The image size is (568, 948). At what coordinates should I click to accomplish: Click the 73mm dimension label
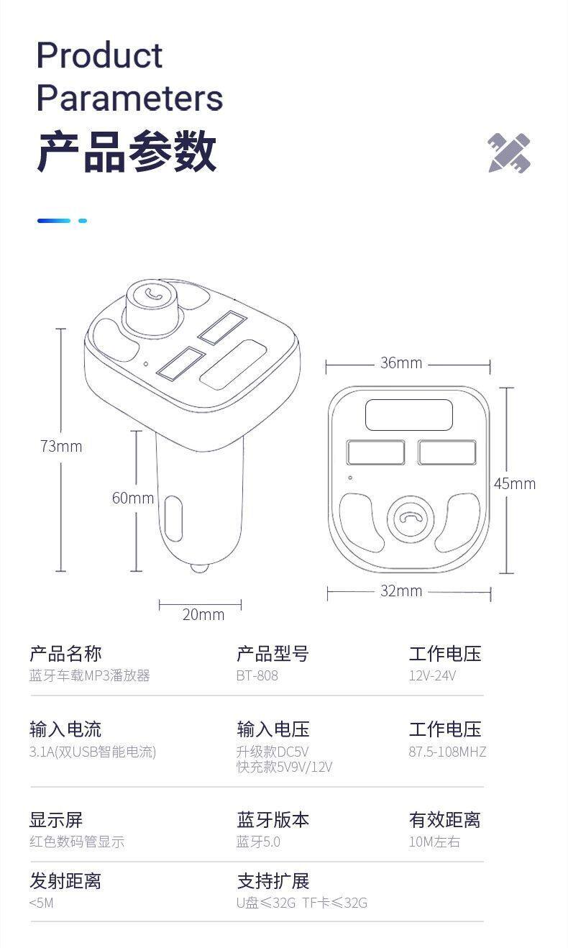click(61, 447)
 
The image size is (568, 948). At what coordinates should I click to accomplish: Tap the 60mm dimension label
click(133, 498)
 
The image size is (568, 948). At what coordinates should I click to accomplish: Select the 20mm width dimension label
click(203, 614)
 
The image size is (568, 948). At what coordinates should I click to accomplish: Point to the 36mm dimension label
click(401, 363)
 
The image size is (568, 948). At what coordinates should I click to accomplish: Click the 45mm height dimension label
click(514, 484)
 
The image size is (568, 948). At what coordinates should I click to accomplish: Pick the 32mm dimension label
click(401, 591)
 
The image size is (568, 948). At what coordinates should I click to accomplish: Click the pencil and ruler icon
click(509, 152)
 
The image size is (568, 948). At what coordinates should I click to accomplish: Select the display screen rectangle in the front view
click(409, 416)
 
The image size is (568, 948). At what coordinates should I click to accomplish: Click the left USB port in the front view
click(375, 453)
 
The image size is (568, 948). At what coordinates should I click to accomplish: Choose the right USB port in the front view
click(446, 453)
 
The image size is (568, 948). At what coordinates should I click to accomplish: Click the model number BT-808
click(257, 676)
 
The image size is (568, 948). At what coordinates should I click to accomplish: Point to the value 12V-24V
click(432, 676)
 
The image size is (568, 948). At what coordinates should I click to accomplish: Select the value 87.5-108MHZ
click(447, 752)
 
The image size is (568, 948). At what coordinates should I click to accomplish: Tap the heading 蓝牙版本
click(272, 820)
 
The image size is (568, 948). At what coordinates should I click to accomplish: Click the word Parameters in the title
click(129, 98)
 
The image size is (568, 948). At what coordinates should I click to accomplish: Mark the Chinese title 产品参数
click(127, 152)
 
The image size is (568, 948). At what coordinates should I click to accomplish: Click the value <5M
click(41, 903)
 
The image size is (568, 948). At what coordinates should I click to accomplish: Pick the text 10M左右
click(434, 842)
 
